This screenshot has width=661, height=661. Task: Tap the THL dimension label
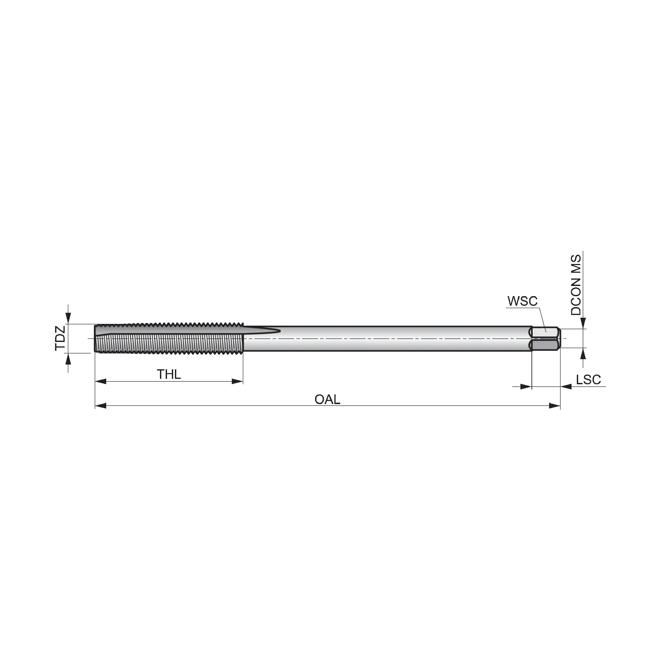pos(169,375)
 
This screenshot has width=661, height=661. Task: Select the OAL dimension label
pos(327,399)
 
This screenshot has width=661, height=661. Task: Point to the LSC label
pos(588,379)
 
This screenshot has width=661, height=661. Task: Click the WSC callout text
pos(523,301)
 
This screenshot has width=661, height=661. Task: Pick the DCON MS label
pos(576,285)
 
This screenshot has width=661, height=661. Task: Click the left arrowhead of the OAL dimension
pos(101,405)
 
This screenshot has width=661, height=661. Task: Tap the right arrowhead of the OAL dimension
pos(554,405)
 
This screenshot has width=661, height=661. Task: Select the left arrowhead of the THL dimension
pos(101,381)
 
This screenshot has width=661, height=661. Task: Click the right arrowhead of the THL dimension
pos(237,381)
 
